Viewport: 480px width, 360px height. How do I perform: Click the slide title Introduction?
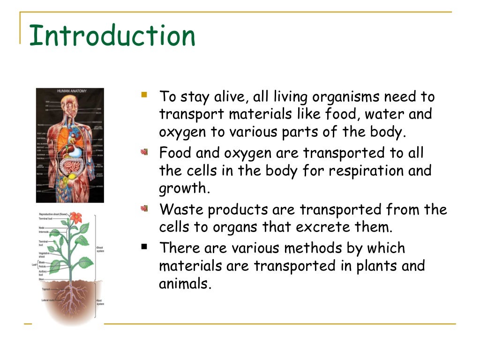pyautogui.click(x=112, y=36)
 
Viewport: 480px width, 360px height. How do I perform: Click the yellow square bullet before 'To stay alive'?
pyautogui.click(x=144, y=95)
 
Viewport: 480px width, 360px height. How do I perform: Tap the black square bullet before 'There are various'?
pyautogui.click(x=144, y=246)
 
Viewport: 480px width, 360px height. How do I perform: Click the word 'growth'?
pyautogui.click(x=182, y=188)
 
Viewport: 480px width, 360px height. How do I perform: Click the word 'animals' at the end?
pyautogui.click(x=184, y=284)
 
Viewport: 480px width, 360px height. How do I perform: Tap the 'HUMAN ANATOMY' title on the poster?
pyautogui.click(x=70, y=91)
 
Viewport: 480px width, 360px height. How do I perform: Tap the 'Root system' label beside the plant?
pyautogui.click(x=100, y=301)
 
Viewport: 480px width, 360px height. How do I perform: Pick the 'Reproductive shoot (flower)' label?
pyautogui.click(x=53, y=214)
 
